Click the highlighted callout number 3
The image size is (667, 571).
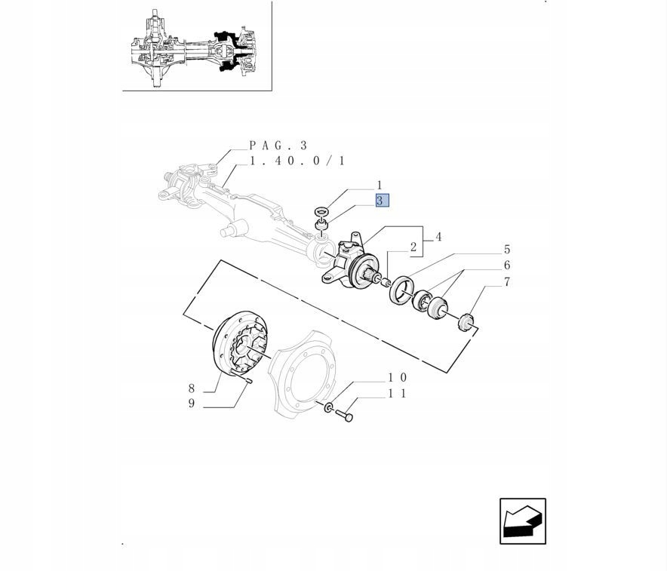382,201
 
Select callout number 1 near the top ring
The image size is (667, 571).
380,186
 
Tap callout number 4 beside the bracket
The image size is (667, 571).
438,237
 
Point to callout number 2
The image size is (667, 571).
413,247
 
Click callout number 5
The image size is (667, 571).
506,249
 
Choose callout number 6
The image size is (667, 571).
506,266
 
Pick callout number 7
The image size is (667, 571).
506,282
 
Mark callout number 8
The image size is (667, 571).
192,388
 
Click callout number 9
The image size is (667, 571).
192,403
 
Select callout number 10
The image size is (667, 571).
398,378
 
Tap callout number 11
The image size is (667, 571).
398,394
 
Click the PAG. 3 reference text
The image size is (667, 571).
278,146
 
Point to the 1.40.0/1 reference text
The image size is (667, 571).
297,161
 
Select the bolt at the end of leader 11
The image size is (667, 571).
344,415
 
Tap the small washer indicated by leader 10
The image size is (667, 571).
329,408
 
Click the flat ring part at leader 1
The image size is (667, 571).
323,210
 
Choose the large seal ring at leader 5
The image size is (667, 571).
400,290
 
